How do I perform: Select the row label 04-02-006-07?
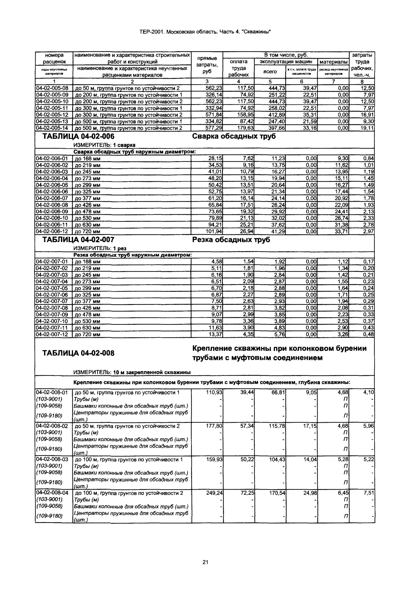(x=52, y=198)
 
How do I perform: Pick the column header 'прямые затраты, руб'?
(x=207, y=65)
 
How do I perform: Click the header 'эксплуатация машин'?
(x=286, y=62)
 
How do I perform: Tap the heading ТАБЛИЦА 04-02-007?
(x=78, y=240)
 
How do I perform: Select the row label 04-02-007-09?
(x=52, y=314)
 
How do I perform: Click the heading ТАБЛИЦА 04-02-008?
(x=78, y=353)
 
